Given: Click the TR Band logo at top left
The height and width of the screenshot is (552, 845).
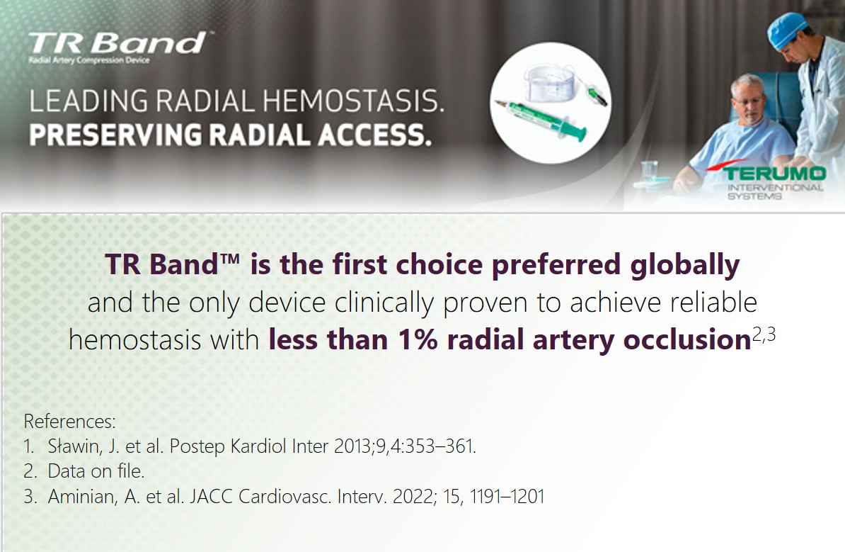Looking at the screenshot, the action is pos(117,43).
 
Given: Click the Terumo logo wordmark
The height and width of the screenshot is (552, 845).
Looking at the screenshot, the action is pos(774,173).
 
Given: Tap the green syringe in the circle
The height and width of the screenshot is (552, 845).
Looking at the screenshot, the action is pos(541,119).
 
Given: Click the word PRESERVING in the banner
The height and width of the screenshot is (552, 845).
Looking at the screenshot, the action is pos(115,135).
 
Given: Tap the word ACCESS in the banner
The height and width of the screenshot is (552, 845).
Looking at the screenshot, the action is pos(375,135).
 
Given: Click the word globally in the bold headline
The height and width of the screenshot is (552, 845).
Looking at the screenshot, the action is pos(684,266).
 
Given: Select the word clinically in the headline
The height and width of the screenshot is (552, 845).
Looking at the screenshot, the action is pos(384,303).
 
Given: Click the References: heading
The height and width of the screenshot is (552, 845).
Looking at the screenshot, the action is pos(69,421).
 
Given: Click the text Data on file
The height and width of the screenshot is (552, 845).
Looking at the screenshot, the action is pos(96,471).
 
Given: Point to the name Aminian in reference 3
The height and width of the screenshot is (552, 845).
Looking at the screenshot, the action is pos(83,497).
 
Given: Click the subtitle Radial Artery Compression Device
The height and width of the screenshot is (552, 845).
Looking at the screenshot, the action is pos(89,60).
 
